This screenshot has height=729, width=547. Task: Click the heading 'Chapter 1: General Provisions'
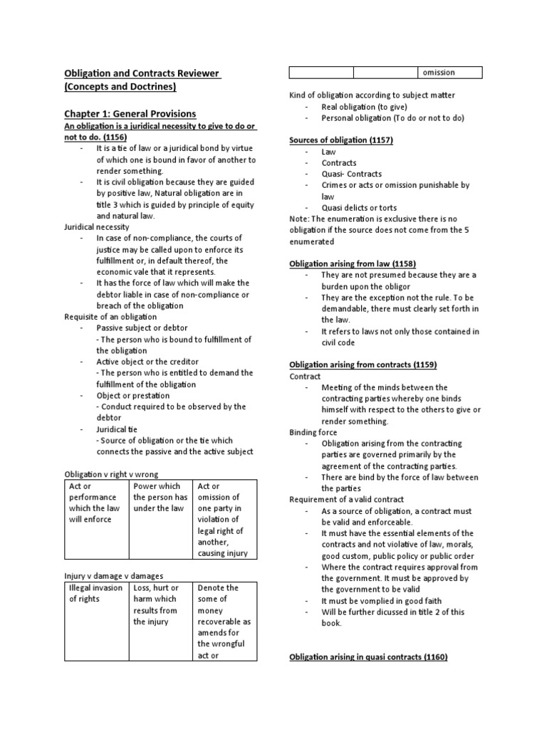pyautogui.click(x=130, y=114)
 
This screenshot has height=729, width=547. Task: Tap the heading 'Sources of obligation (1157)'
pyautogui.click(x=341, y=140)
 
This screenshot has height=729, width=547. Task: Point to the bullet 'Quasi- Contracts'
pyautogui.click(x=351, y=174)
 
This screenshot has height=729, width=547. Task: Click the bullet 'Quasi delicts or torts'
pyautogui.click(x=361, y=207)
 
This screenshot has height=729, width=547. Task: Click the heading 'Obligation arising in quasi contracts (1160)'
pyautogui.click(x=368, y=657)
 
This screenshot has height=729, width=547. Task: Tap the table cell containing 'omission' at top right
pyautogui.click(x=449, y=72)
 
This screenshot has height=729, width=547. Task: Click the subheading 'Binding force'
pyautogui.click(x=313, y=432)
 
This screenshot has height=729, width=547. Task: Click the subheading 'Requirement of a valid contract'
pyautogui.click(x=346, y=500)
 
